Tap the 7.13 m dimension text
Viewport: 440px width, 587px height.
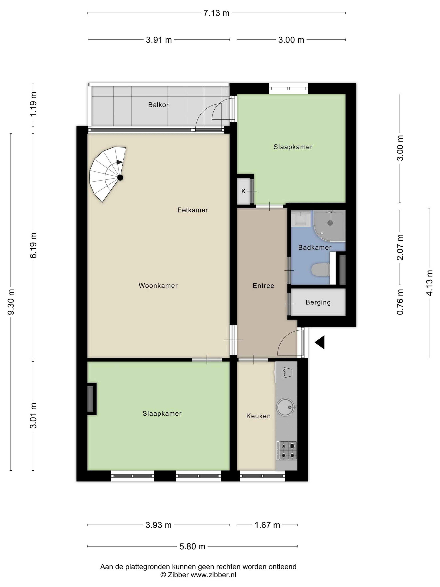216,13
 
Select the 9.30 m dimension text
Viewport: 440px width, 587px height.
11,302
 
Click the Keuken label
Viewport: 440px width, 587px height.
258,416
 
